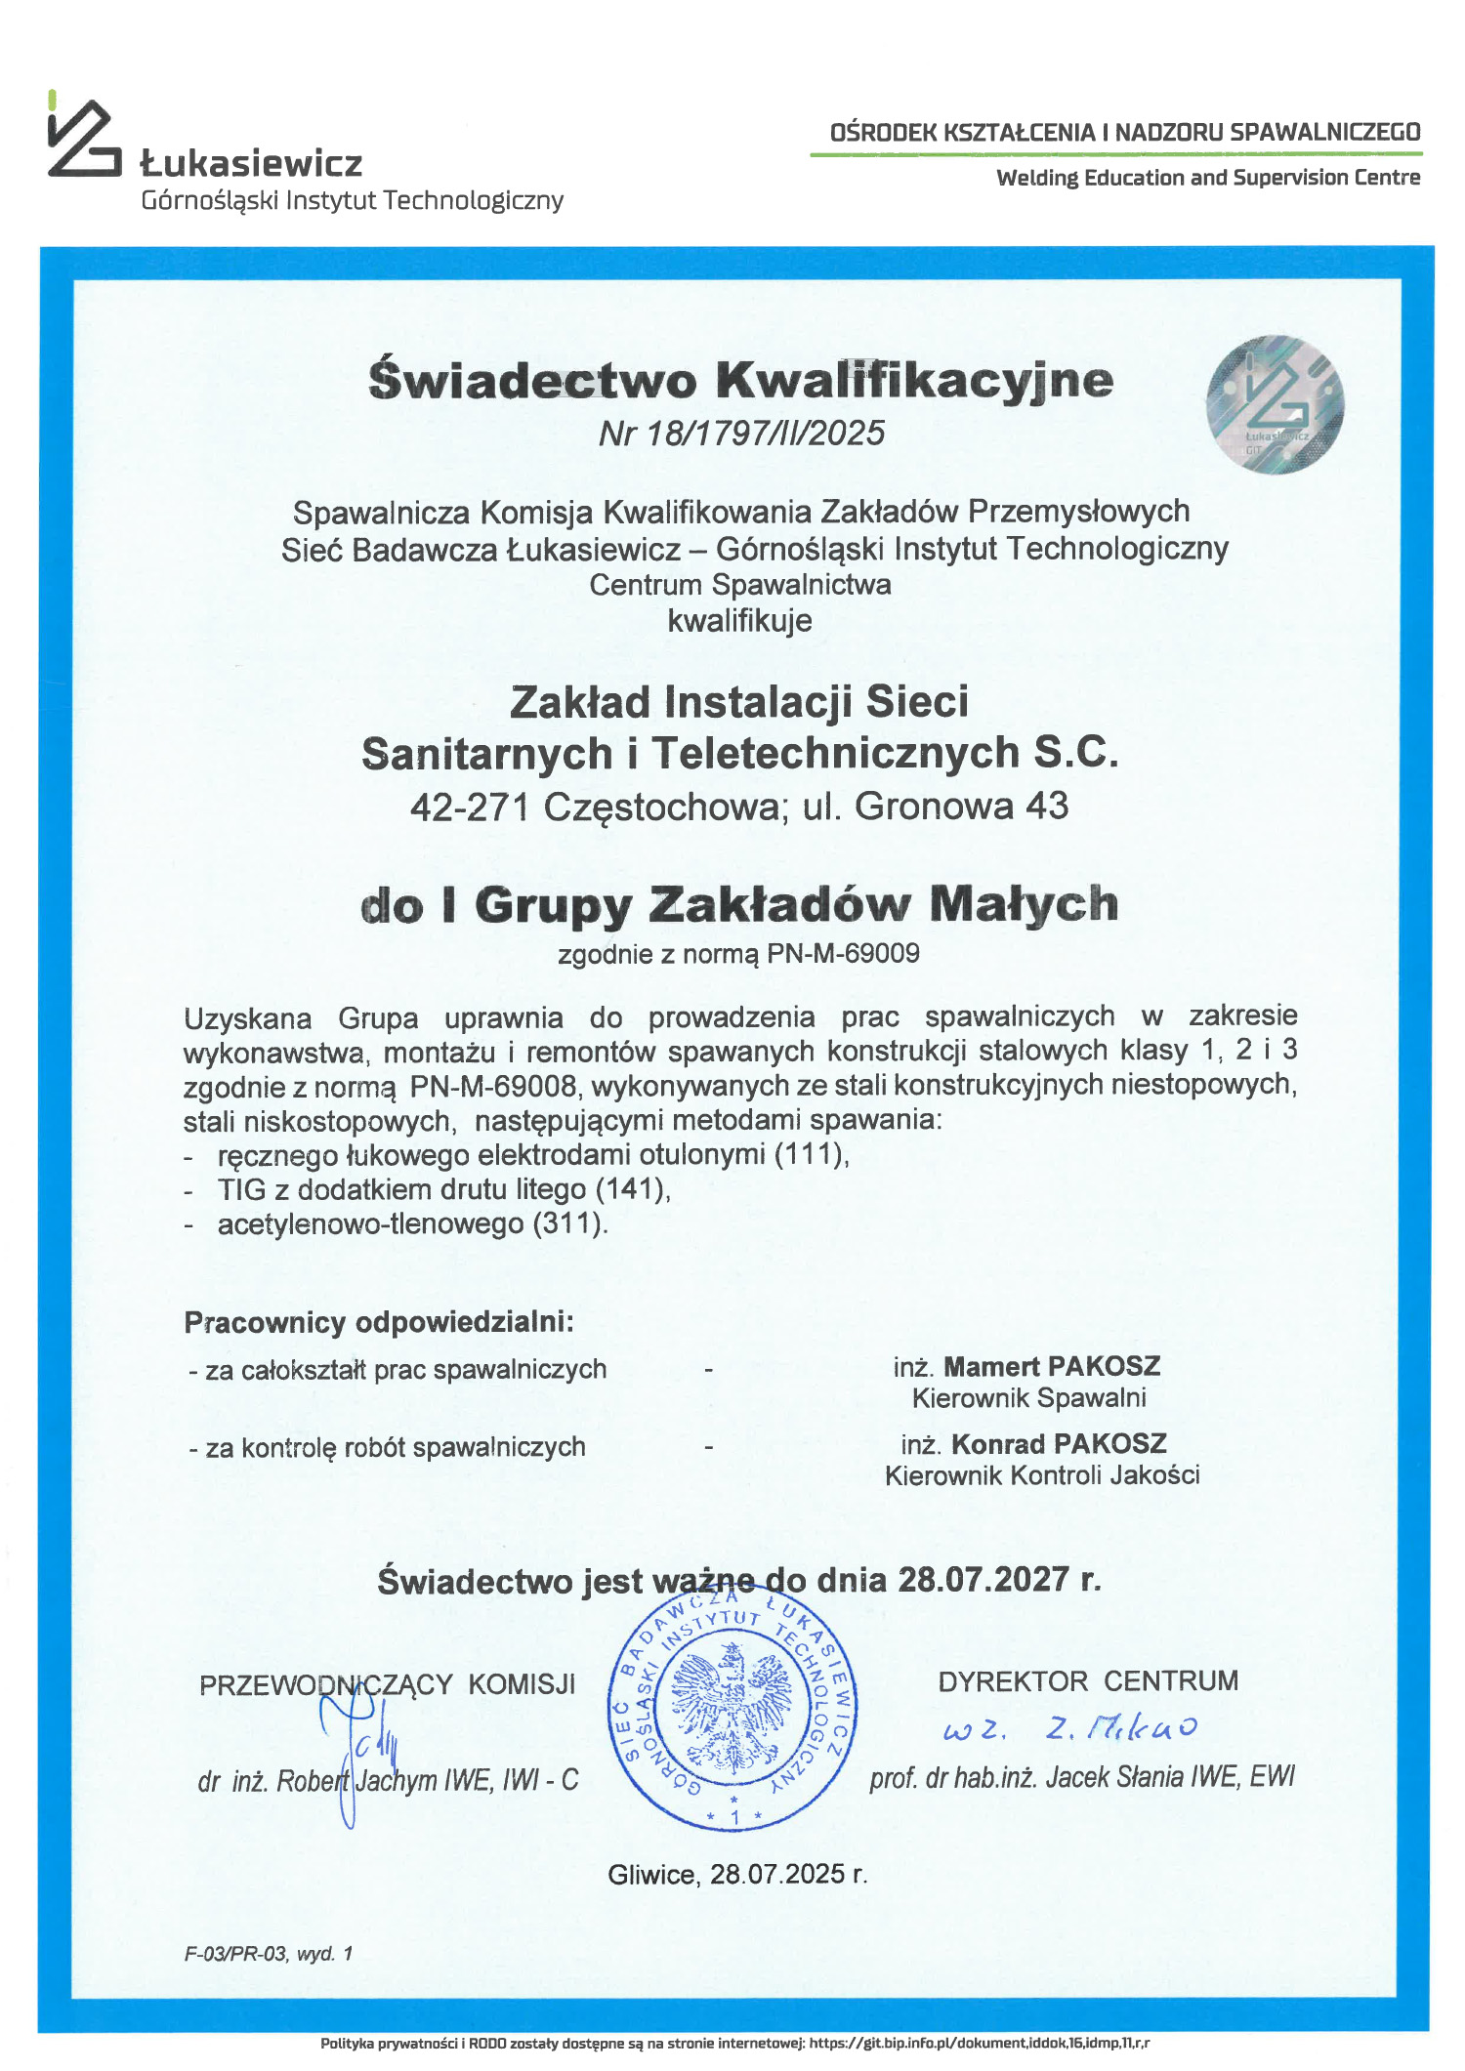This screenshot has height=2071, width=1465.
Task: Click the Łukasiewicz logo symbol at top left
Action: pyautogui.click(x=83, y=139)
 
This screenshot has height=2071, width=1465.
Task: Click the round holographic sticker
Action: pyautogui.click(x=1275, y=404)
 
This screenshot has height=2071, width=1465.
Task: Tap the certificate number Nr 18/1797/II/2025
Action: pyautogui.click(x=741, y=433)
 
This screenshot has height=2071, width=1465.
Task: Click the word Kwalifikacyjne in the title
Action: pyautogui.click(x=915, y=380)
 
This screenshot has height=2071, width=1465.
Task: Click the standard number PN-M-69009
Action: pyautogui.click(x=843, y=953)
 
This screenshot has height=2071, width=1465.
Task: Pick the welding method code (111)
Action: pyautogui.click(x=810, y=1154)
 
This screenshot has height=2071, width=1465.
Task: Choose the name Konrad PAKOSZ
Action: pyautogui.click(x=1059, y=1443)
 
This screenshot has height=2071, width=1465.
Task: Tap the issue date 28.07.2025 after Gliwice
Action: pyautogui.click(x=777, y=1874)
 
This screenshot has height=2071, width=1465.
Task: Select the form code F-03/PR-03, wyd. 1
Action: pyautogui.click(x=269, y=1954)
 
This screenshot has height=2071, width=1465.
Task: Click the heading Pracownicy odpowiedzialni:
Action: pyautogui.click(x=379, y=1322)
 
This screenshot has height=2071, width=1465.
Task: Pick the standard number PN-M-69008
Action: pyautogui.click(x=492, y=1086)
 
